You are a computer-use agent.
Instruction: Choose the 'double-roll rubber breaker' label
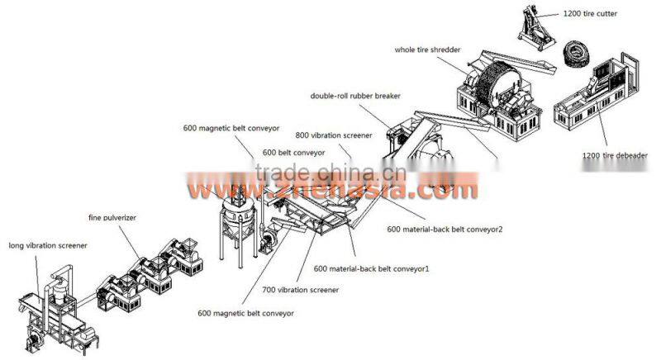click(355, 96)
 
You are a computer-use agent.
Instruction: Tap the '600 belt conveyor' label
click(293, 153)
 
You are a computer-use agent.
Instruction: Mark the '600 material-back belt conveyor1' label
click(371, 268)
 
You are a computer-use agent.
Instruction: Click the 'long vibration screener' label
click(47, 245)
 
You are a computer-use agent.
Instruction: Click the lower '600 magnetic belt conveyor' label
click(245, 313)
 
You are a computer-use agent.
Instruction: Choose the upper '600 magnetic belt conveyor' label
click(231, 128)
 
